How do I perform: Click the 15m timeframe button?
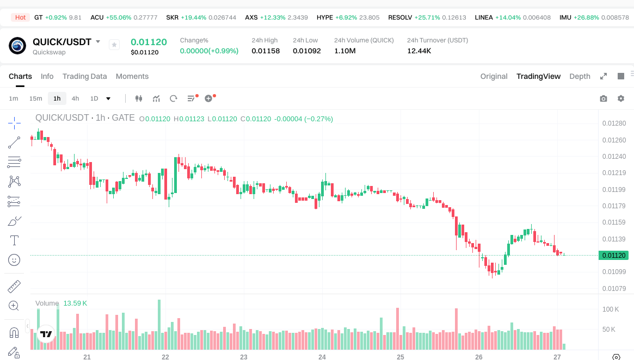click(35, 98)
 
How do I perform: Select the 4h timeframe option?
click(75, 98)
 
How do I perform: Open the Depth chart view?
click(580, 76)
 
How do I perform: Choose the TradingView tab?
click(538, 76)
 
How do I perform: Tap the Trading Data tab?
click(84, 76)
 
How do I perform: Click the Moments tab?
click(132, 76)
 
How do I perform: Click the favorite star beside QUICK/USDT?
click(114, 45)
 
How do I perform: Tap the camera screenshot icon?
click(603, 98)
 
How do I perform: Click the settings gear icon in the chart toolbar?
click(620, 98)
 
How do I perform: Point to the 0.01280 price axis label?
click(614, 123)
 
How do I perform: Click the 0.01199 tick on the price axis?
click(614, 190)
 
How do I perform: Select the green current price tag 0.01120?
click(614, 255)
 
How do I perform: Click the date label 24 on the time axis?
click(322, 357)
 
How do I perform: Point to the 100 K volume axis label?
click(610, 309)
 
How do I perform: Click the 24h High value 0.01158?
click(266, 51)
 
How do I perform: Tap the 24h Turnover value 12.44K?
click(419, 51)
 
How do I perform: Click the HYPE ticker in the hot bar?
click(324, 17)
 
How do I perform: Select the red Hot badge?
click(20, 17)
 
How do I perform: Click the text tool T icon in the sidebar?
click(15, 240)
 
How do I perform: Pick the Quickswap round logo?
click(17, 46)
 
